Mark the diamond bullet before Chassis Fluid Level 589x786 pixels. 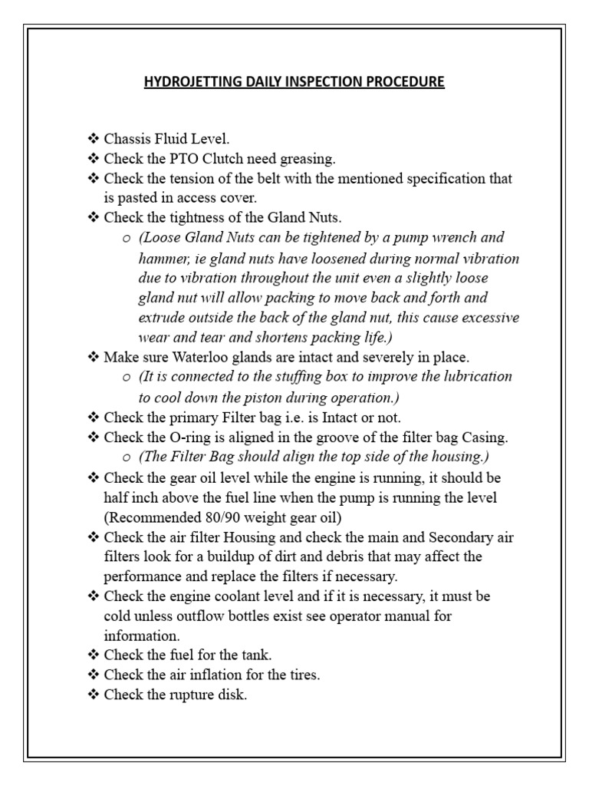pos(94,139)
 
